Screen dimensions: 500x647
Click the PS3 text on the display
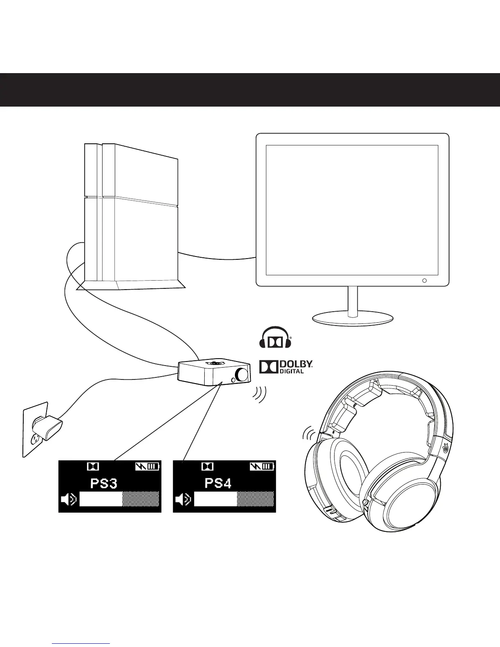point(103,484)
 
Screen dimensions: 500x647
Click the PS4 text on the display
point(218,484)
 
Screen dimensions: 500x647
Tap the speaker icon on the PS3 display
point(68,499)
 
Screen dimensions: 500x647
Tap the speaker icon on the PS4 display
point(183,499)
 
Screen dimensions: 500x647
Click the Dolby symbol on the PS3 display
point(93,466)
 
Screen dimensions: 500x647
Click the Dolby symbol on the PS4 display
point(208,466)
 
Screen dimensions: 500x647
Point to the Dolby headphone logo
point(275,338)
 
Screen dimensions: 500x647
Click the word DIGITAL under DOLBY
point(291,371)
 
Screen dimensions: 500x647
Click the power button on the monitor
point(424,281)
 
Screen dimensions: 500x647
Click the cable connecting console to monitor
point(217,256)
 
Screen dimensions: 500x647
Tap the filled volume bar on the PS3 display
point(101,499)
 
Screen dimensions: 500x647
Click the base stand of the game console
point(131,285)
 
